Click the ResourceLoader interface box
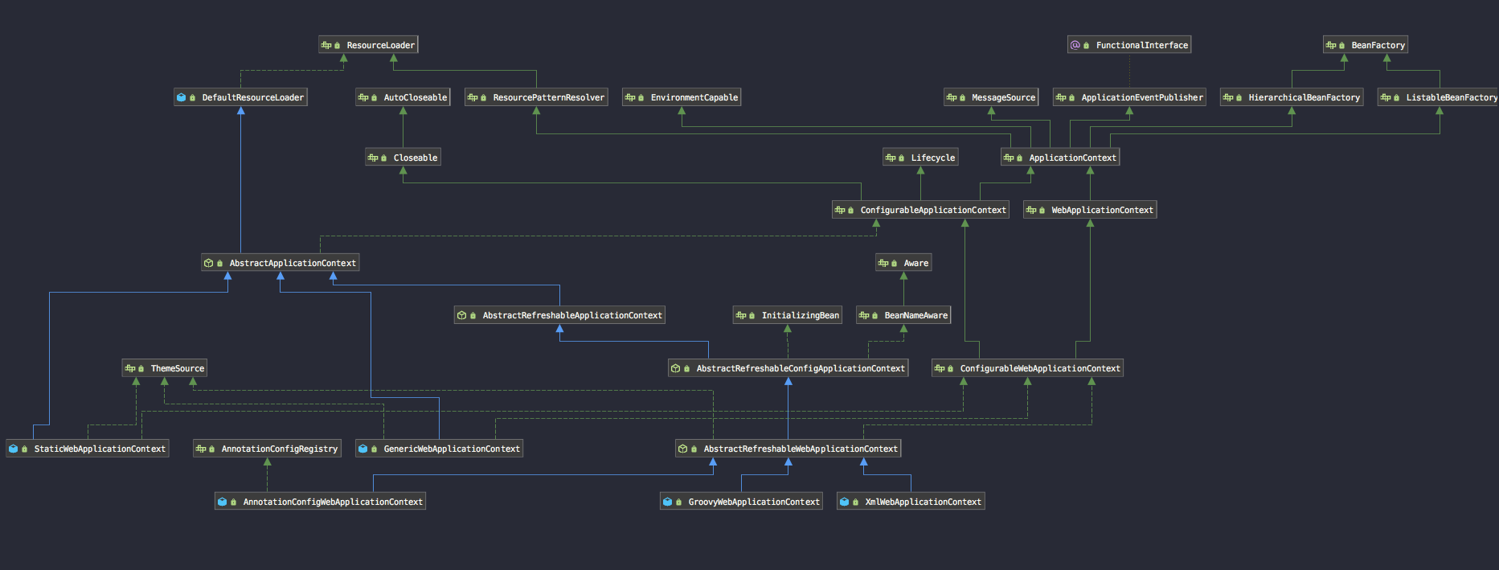(368, 45)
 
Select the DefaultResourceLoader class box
(240, 97)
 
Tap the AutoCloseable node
(403, 97)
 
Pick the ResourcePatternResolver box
(536, 97)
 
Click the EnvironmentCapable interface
(682, 97)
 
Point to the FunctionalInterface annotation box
(1129, 45)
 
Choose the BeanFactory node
(1366, 45)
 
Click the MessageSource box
(991, 97)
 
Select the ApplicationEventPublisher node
(1129, 97)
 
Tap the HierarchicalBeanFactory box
(1292, 97)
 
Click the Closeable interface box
(403, 158)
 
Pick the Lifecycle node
(920, 158)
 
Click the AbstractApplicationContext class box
(280, 263)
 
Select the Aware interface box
(903, 263)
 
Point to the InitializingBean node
(788, 315)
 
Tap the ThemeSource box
(165, 368)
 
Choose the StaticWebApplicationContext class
(88, 449)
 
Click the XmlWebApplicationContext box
(911, 502)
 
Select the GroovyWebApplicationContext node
(741, 502)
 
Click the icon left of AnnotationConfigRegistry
(201, 449)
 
